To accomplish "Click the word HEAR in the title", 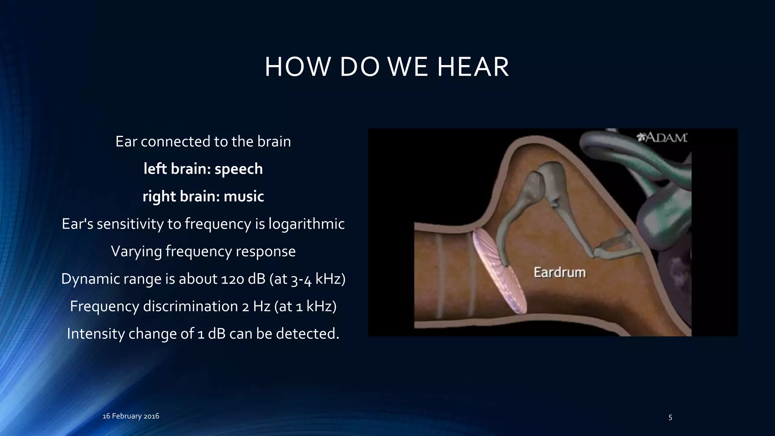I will tap(473, 67).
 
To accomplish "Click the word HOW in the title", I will tap(297, 67).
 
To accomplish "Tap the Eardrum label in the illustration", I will tap(559, 272).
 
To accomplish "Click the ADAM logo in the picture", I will tap(662, 138).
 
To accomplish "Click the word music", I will tap(244, 196).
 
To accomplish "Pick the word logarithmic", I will tap(307, 224).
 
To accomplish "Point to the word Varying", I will tap(136, 252).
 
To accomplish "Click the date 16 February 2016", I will tap(131, 416).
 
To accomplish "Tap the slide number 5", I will tap(670, 417).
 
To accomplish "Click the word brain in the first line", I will tap(274, 142).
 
